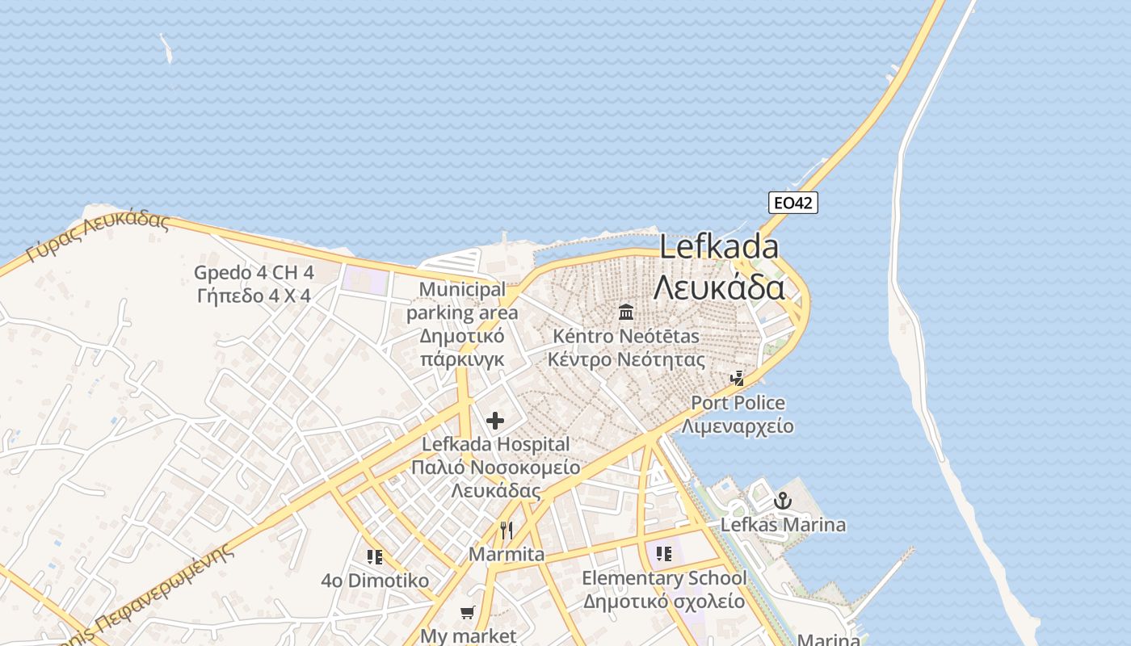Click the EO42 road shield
tap(793, 203)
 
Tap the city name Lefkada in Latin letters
tap(719, 247)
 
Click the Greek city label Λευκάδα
tap(719, 287)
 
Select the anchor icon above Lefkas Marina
tap(781, 501)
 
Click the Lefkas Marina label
tap(783, 525)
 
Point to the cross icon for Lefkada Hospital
tap(495, 421)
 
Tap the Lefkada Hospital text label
tap(495, 444)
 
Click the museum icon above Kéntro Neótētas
tap(626, 312)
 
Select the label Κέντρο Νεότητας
tap(626, 359)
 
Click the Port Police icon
tap(737, 378)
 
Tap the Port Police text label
tap(738, 402)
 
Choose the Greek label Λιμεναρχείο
tap(738, 426)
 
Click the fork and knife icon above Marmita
tap(507, 531)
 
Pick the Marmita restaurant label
tap(507, 555)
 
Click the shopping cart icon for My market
tap(468, 613)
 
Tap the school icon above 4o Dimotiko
tap(374, 556)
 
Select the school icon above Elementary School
tap(663, 554)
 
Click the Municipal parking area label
tap(462, 300)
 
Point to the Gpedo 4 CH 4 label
tap(254, 273)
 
